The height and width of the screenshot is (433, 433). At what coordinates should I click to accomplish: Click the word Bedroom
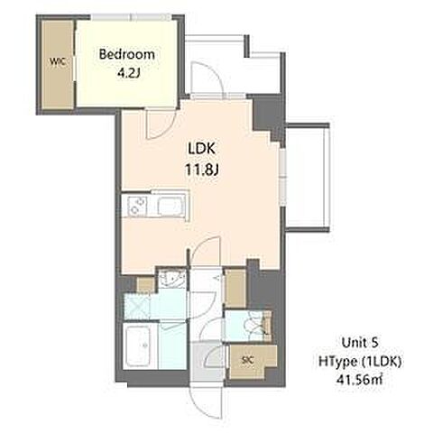127,55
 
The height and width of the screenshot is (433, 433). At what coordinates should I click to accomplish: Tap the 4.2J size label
128,73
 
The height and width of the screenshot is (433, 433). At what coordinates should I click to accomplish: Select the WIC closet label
58,62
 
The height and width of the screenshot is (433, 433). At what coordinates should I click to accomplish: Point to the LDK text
201,149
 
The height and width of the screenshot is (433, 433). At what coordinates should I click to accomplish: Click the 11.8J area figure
201,170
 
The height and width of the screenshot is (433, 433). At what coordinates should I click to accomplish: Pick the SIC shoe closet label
248,360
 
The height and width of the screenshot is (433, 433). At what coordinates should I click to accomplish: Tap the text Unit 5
360,343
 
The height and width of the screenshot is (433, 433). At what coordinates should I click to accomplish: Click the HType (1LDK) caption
360,362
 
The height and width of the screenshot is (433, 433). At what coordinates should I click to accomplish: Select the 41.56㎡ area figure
360,380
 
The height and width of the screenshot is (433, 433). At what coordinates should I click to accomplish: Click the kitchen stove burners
137,206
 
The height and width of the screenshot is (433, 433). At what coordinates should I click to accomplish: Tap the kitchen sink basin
170,207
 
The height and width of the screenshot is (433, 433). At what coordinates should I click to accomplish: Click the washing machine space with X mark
137,307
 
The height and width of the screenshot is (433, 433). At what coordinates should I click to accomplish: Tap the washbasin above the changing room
172,279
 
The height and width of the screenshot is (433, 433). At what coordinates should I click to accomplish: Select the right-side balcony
307,178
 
